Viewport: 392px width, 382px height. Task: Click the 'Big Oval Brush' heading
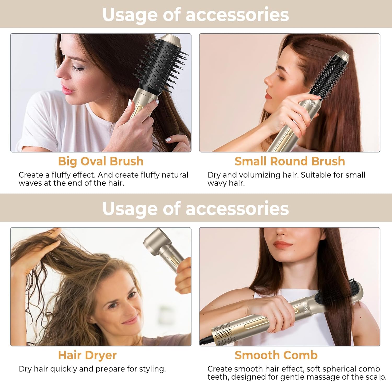[101, 161]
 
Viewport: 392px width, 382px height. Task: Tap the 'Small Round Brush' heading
[290, 161]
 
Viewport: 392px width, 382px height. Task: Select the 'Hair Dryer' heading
[87, 355]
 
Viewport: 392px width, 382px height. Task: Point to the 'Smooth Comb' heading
[276, 355]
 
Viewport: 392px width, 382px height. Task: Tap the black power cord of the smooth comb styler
[205, 340]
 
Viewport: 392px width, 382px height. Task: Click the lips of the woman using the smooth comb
[283, 245]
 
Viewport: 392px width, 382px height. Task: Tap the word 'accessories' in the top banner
[237, 15]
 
